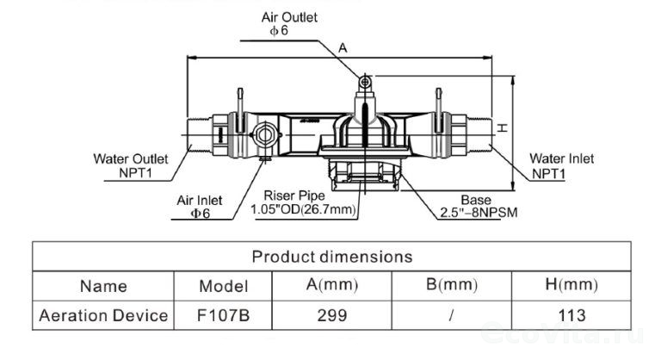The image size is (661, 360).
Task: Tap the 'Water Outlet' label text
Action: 131,158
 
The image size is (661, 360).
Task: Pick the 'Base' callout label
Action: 475,198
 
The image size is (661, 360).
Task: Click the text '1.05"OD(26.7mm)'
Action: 303,209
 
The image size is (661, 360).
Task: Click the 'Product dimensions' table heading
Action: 331,257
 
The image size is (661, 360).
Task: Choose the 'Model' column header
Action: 223,286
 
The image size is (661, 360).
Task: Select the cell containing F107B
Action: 223,315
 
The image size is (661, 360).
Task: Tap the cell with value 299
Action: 331,315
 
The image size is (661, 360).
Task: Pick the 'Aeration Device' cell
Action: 102,315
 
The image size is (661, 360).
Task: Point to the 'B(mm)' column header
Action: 451,285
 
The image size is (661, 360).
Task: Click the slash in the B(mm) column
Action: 451,315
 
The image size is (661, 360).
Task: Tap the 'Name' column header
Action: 102,286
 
